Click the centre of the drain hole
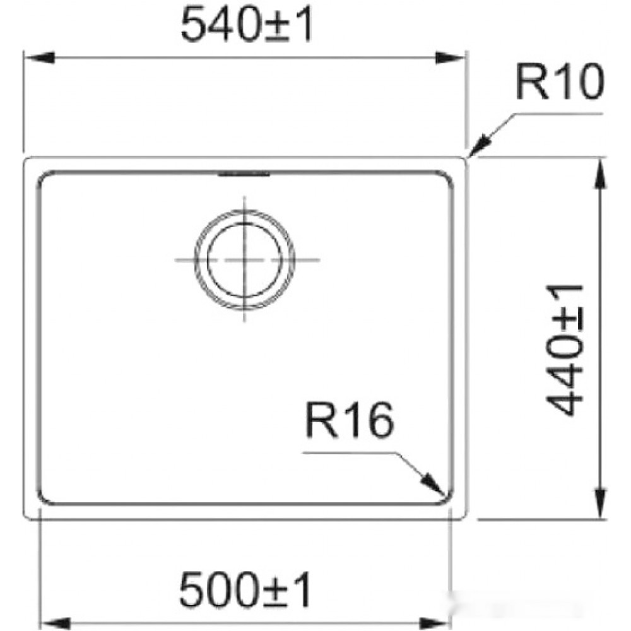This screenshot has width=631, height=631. [x=244, y=259]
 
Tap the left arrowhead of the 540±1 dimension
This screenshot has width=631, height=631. [x=39, y=57]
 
